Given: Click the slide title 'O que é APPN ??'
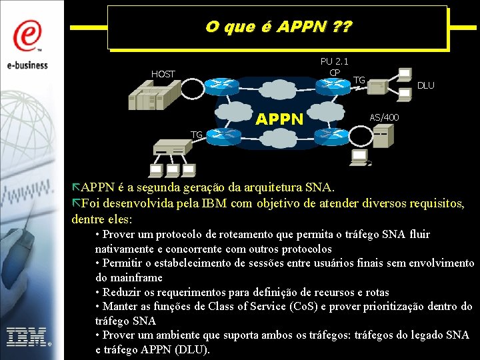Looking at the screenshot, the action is (279, 27).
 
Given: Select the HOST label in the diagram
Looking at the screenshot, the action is (163, 74).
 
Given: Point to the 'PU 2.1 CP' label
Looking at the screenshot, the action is (334, 67).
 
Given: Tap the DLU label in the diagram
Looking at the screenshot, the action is (425, 85).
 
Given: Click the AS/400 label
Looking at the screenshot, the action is (385, 117).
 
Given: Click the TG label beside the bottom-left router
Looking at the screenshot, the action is (196, 135).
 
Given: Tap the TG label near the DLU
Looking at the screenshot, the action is (359, 80).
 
